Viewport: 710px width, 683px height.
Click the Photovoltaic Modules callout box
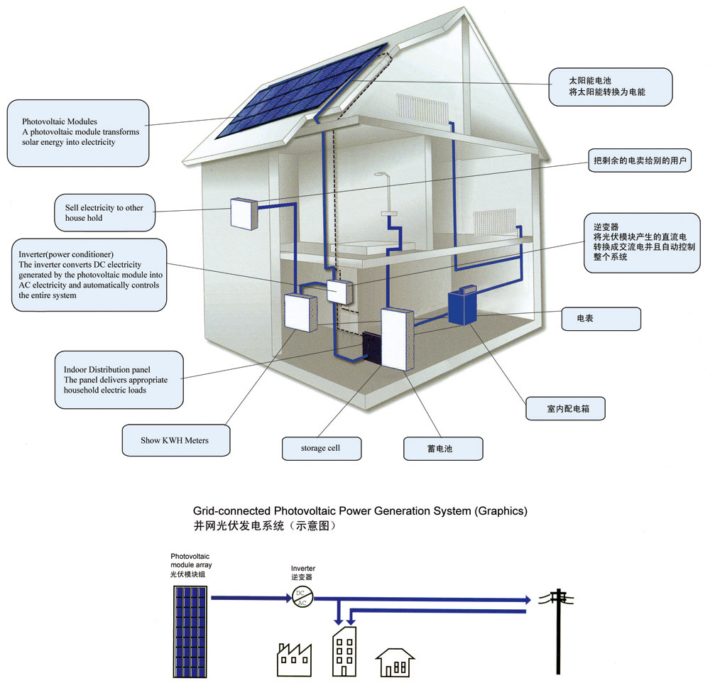coord(78,133)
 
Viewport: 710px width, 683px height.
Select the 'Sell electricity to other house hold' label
coord(104,212)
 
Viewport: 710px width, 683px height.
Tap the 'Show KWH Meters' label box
coord(175,440)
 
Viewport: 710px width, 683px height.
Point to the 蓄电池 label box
coord(443,449)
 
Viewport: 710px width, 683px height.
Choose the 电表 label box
coord(601,319)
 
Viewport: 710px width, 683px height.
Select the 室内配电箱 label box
coord(564,409)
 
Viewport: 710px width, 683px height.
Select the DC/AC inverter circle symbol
coord(302,598)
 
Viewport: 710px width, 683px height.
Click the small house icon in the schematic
coord(395,662)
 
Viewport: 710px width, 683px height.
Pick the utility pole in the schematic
coord(559,628)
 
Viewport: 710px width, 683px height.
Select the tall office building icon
coord(344,651)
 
